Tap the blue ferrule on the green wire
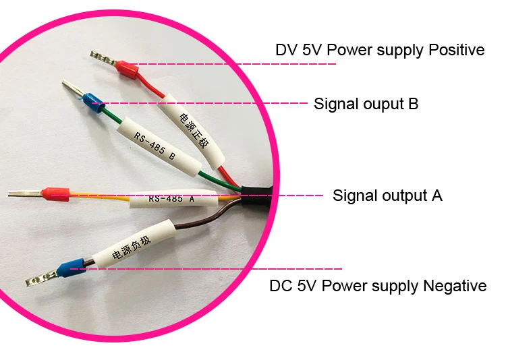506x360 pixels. coord(93,102)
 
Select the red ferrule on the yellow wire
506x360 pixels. coord(55,194)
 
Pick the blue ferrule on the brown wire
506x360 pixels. coord(71,268)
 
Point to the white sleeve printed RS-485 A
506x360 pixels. coord(174,198)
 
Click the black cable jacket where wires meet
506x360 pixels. coord(257,196)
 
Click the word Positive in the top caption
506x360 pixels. coord(456,50)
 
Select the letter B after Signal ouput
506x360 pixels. coord(413,104)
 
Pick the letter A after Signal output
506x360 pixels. coord(437,196)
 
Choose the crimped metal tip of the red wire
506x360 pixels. coord(103,58)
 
